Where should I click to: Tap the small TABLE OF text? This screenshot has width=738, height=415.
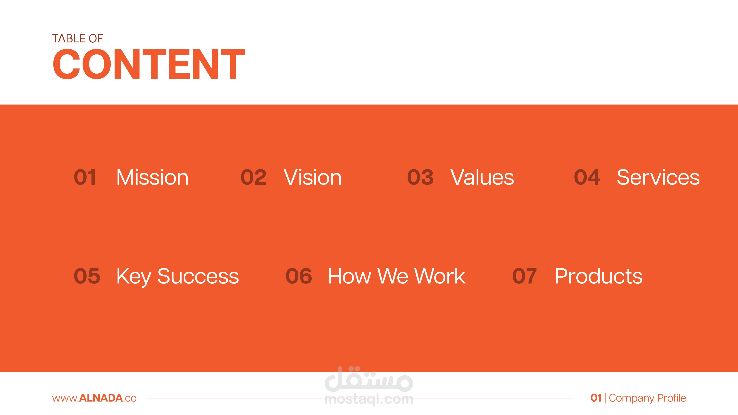click(x=77, y=38)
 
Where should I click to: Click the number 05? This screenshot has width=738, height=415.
click(x=87, y=276)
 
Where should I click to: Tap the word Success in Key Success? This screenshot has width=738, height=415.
click(x=198, y=276)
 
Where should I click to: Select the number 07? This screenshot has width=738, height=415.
click(x=524, y=276)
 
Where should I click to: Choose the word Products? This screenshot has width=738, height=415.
click(x=599, y=276)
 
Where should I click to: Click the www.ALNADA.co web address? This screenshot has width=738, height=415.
click(x=94, y=398)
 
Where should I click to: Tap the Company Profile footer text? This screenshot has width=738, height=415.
click(x=647, y=398)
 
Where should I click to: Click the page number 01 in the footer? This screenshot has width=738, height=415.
click(x=596, y=398)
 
